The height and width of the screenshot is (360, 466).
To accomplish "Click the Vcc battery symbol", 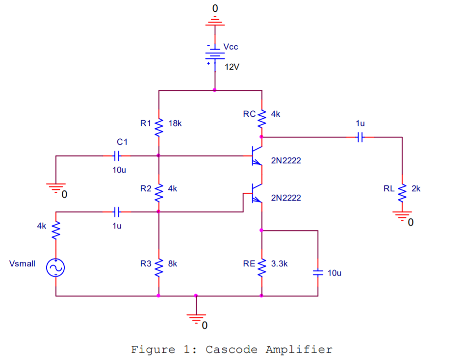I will coord(214,54).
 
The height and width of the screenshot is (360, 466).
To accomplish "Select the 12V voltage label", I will coord(232,67).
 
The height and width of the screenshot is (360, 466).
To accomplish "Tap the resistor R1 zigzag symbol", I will coord(158,128).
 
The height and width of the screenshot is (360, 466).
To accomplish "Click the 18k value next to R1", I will coord(175,124).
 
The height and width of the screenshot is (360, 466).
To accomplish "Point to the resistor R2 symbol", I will coord(158,193).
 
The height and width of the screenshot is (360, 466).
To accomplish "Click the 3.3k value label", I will coord(279,263).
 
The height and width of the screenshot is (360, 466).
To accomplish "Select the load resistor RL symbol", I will coord(402,193).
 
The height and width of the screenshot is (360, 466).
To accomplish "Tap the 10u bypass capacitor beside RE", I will coord(318,273).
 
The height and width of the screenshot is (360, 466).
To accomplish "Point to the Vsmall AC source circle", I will coord(55,268).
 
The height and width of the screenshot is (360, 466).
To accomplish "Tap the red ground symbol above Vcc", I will coord(214,22).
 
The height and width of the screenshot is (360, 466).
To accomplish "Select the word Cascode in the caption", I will coord(232,350).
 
